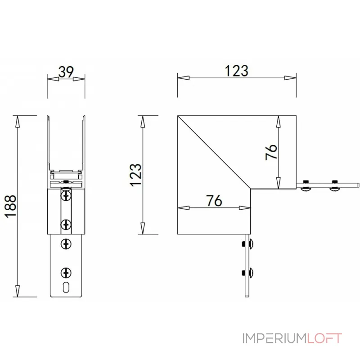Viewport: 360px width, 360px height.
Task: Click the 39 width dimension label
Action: (66, 72)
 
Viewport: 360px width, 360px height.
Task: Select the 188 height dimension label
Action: (11, 206)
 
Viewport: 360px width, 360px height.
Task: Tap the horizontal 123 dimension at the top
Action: (237, 71)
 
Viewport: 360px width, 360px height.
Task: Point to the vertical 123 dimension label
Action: (136, 175)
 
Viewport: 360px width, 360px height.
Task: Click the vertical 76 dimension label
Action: (271, 152)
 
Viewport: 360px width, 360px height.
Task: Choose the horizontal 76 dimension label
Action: (214, 201)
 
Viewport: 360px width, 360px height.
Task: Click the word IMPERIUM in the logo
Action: (274, 338)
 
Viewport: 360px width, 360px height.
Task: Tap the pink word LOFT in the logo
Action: (324, 338)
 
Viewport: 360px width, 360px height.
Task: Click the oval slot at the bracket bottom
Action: (66, 287)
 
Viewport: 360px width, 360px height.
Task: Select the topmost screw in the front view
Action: (66, 196)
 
